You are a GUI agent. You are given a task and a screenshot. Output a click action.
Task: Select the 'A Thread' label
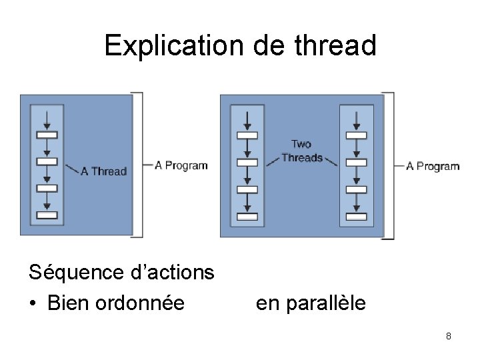(103, 171)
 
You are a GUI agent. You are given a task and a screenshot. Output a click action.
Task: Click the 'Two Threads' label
(301, 151)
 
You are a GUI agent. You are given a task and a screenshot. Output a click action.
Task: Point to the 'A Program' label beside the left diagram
(181, 165)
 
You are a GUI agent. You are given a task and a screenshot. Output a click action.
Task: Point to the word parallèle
(325, 303)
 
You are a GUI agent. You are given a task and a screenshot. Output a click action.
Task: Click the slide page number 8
(449, 336)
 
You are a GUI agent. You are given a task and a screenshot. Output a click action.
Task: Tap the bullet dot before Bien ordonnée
(33, 304)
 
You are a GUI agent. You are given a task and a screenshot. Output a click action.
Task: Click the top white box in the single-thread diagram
(47, 135)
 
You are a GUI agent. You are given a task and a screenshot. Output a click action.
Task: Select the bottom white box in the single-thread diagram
(47, 215)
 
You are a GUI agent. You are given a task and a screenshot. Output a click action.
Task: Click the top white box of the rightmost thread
(355, 135)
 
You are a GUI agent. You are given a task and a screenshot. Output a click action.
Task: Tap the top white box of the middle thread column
(247, 135)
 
